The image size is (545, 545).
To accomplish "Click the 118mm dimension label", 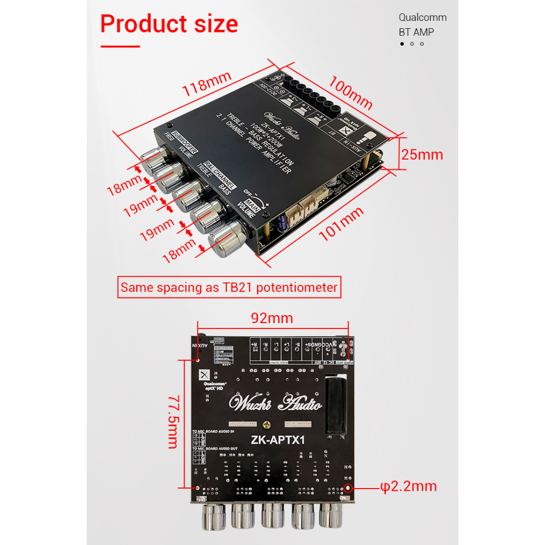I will coord(207,84).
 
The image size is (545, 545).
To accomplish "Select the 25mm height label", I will coord(422,155).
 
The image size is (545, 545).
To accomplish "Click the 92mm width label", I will coord(272,318).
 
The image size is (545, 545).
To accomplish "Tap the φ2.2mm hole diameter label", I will coord(408,486).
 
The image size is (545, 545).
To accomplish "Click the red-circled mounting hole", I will coord(349,488).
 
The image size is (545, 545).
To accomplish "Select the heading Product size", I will coord(169,24).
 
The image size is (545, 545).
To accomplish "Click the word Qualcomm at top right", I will coord(423,18).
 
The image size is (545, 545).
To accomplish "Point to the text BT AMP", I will coord(416,32).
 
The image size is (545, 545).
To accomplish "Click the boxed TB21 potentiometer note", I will coord(229,288).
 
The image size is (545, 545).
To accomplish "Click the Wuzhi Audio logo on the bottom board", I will coord(276,404).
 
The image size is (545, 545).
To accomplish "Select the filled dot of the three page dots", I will coord(402,44).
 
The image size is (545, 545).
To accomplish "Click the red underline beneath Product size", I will coord(120,47).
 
